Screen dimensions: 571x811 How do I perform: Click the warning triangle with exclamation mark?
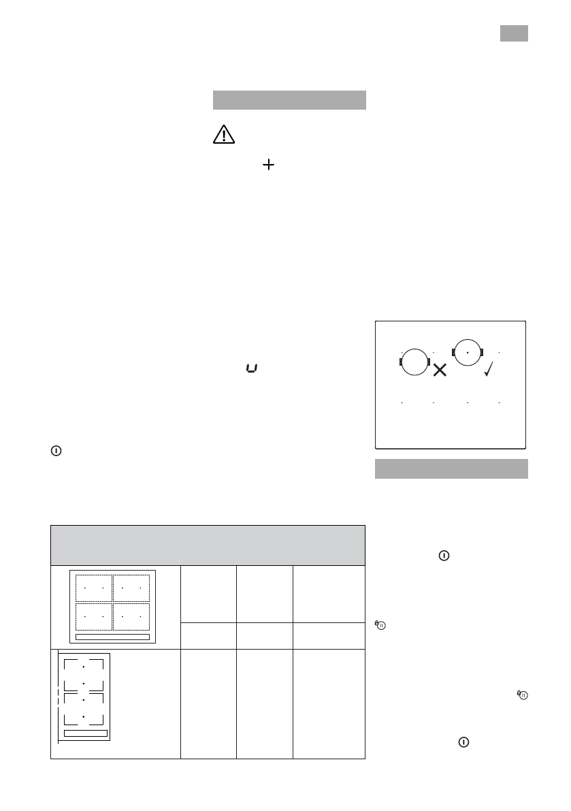click(x=223, y=135)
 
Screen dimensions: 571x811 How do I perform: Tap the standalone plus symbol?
click(x=269, y=165)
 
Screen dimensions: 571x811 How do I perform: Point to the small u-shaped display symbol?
click(x=252, y=369)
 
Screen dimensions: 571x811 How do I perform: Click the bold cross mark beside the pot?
click(x=440, y=370)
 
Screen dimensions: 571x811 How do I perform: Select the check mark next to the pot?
click(x=489, y=369)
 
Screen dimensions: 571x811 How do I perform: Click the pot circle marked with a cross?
click(x=414, y=361)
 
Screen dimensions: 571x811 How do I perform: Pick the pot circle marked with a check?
click(x=467, y=352)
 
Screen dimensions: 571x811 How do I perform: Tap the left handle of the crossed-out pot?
click(x=401, y=361)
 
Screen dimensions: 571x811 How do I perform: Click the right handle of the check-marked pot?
click(x=481, y=352)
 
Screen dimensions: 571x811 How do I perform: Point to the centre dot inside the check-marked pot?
click(x=467, y=352)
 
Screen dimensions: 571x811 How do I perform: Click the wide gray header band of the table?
click(x=208, y=544)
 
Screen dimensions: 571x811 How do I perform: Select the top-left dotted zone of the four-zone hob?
click(x=93, y=588)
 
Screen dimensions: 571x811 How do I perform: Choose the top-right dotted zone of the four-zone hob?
click(x=131, y=588)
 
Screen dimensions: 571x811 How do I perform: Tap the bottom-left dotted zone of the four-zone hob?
click(x=93, y=616)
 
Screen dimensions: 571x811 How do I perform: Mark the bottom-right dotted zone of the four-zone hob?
click(x=131, y=616)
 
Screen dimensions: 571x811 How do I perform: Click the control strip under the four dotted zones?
click(x=112, y=637)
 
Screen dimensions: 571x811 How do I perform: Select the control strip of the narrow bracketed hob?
click(x=85, y=733)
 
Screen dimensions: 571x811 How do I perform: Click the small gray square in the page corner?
click(x=515, y=33)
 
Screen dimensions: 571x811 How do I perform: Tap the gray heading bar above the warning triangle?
click(x=289, y=99)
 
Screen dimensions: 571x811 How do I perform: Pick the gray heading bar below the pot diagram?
click(x=452, y=468)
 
